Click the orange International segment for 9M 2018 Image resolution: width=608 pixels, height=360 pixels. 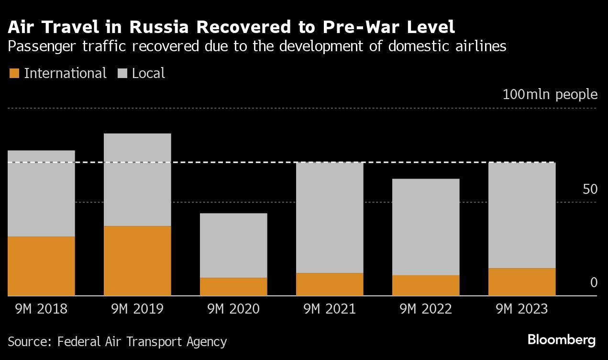(42, 266)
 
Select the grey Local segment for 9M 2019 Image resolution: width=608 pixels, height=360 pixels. (137, 180)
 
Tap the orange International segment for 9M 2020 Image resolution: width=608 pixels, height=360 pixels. (233, 287)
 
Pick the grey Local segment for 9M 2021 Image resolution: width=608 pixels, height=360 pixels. (330, 218)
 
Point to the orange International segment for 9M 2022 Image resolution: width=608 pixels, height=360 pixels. (426, 285)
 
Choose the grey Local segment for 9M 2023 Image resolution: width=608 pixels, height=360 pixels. (522, 215)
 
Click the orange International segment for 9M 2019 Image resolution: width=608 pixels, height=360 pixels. (137, 260)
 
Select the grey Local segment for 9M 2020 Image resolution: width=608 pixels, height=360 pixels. (233, 246)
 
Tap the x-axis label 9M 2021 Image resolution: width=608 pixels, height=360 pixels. (330, 309)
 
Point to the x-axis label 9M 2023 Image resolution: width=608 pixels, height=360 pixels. (522, 309)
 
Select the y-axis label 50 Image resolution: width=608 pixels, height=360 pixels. (590, 190)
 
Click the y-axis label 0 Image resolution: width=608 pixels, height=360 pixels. (594, 283)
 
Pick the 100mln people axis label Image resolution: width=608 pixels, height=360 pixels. (550, 94)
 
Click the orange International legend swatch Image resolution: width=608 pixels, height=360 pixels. (14, 74)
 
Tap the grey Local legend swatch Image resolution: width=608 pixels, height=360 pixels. (122, 74)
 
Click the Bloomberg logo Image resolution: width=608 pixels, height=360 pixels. (562, 340)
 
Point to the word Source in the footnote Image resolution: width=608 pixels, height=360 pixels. (29, 342)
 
